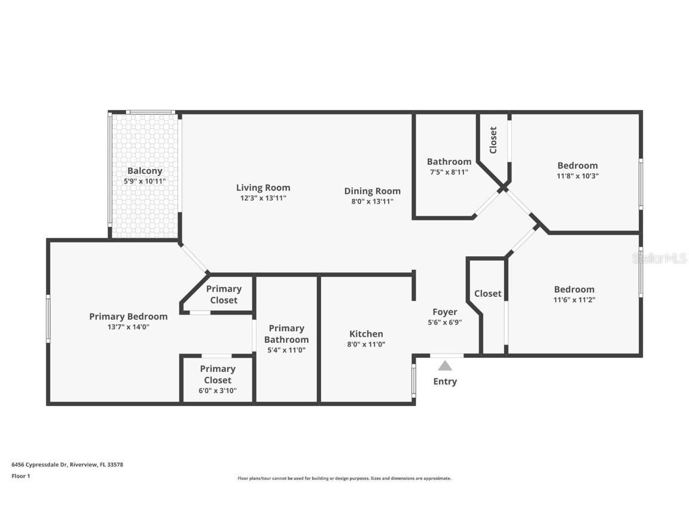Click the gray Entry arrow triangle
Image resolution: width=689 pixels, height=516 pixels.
pyautogui.click(x=444, y=365)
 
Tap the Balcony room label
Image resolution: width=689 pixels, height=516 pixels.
pyautogui.click(x=145, y=171)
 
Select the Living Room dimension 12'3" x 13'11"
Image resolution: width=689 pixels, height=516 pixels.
pyautogui.click(x=263, y=198)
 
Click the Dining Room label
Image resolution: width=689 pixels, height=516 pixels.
pyautogui.click(x=372, y=191)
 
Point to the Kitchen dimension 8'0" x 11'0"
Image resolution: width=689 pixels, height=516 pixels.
pyautogui.click(x=366, y=344)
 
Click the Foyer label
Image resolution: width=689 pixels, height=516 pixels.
pyautogui.click(x=444, y=312)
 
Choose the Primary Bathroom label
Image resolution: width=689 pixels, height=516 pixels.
pyautogui.click(x=286, y=334)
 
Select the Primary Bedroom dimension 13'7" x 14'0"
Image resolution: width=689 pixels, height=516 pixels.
pyautogui.click(x=128, y=327)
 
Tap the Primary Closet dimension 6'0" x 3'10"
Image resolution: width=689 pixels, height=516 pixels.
pyautogui.click(x=217, y=391)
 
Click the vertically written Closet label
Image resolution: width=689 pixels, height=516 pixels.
pyautogui.click(x=493, y=140)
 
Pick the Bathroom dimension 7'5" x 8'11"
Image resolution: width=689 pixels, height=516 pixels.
pyautogui.click(x=449, y=172)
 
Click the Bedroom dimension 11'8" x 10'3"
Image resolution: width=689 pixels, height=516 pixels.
pyautogui.click(x=577, y=176)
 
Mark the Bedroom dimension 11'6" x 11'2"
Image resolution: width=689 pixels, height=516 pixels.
pyautogui.click(x=574, y=300)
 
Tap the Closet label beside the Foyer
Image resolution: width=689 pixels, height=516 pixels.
pyautogui.click(x=487, y=293)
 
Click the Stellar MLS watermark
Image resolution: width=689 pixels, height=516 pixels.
pyautogui.click(x=660, y=258)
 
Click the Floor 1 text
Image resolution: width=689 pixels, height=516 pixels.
pyautogui.click(x=20, y=476)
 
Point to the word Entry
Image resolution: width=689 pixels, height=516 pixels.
pyautogui.click(x=444, y=382)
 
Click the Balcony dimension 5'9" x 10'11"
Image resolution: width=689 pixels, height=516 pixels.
pyautogui.click(x=145, y=181)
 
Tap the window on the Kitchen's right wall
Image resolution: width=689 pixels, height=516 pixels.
pyautogui.click(x=413, y=381)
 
